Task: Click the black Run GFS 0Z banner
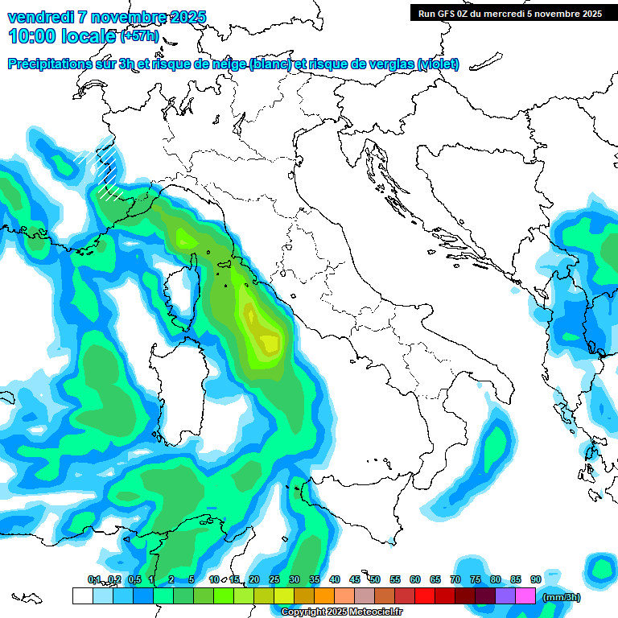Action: (x=509, y=13)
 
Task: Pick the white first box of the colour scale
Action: (x=82, y=595)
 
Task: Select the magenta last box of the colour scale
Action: (x=525, y=595)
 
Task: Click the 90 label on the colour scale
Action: (x=535, y=579)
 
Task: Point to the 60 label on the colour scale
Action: (x=415, y=579)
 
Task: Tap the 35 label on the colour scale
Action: (x=315, y=579)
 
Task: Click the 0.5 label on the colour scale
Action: (x=134, y=579)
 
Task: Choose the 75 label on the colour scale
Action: (x=476, y=579)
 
